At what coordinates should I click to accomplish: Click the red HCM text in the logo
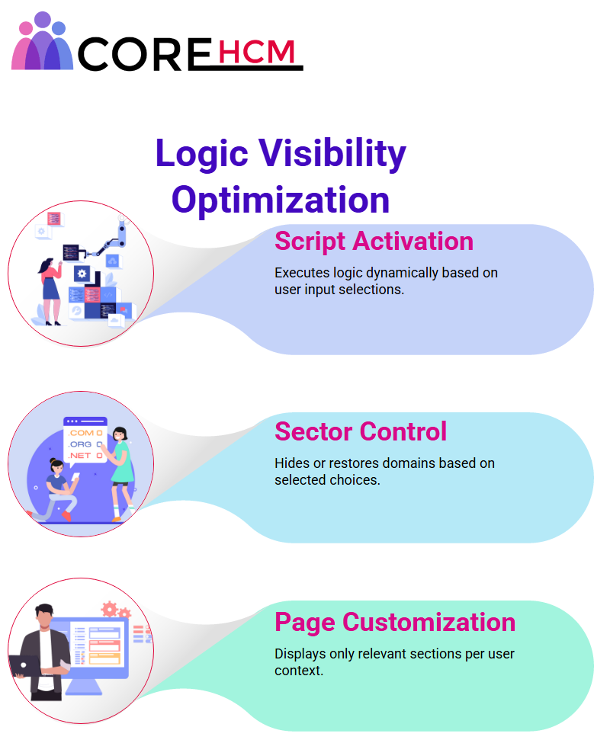(x=256, y=52)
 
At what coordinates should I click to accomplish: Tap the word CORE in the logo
(x=144, y=53)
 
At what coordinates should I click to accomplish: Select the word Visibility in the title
(x=332, y=154)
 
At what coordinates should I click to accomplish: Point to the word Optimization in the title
(x=280, y=200)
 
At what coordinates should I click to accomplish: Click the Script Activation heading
(x=374, y=242)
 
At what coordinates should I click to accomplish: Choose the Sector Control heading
(x=360, y=431)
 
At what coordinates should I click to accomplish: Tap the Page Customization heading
(x=395, y=623)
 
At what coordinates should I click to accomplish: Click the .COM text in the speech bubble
(x=81, y=433)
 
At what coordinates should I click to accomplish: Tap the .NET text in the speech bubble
(x=79, y=455)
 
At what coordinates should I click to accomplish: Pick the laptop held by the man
(x=25, y=666)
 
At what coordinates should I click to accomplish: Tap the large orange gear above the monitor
(x=110, y=608)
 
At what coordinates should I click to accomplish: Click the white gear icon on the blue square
(x=82, y=274)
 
